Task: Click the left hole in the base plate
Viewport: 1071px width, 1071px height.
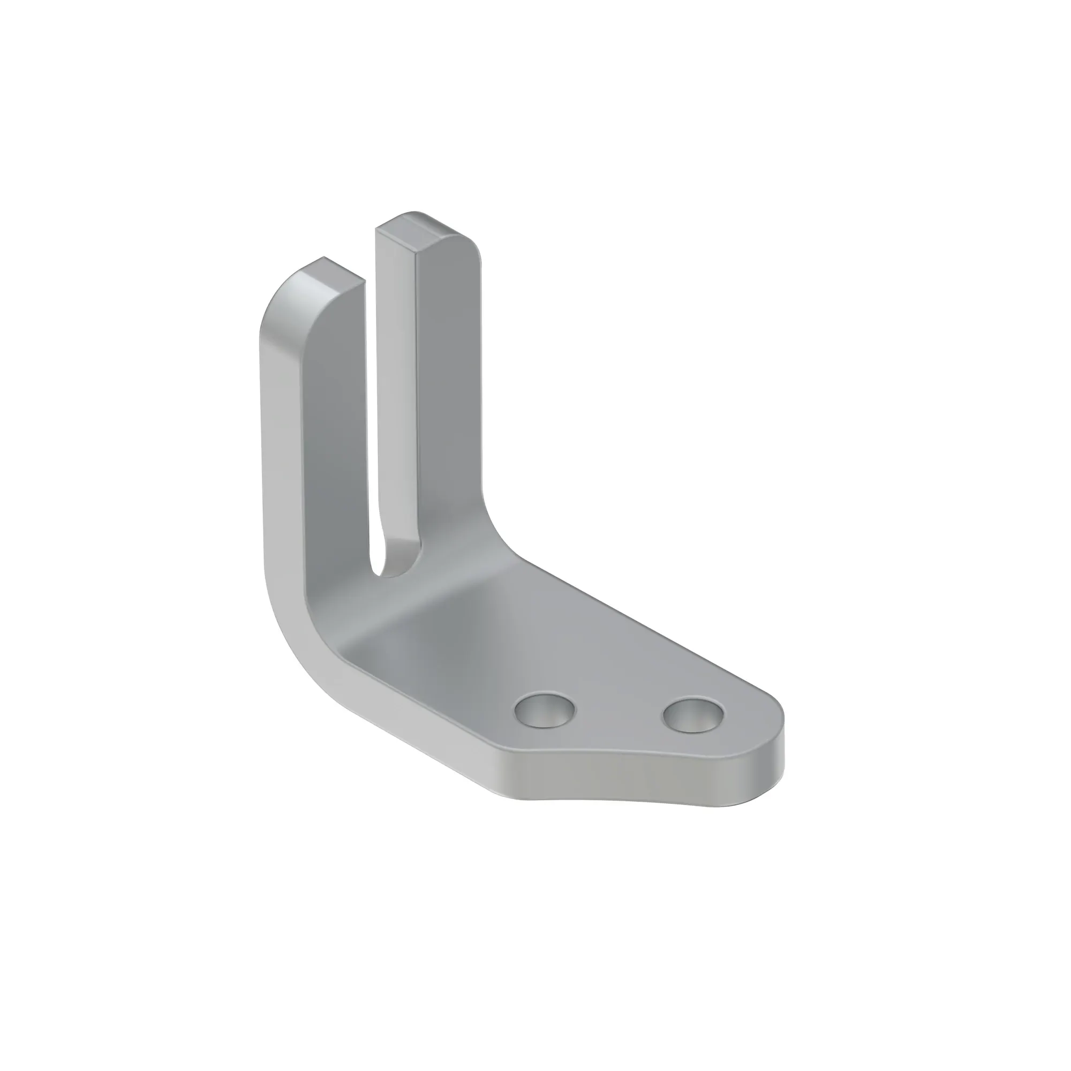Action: coord(545,709)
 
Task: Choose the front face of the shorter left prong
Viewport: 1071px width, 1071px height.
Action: coord(335,443)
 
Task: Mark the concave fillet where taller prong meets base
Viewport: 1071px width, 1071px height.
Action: coord(493,526)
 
